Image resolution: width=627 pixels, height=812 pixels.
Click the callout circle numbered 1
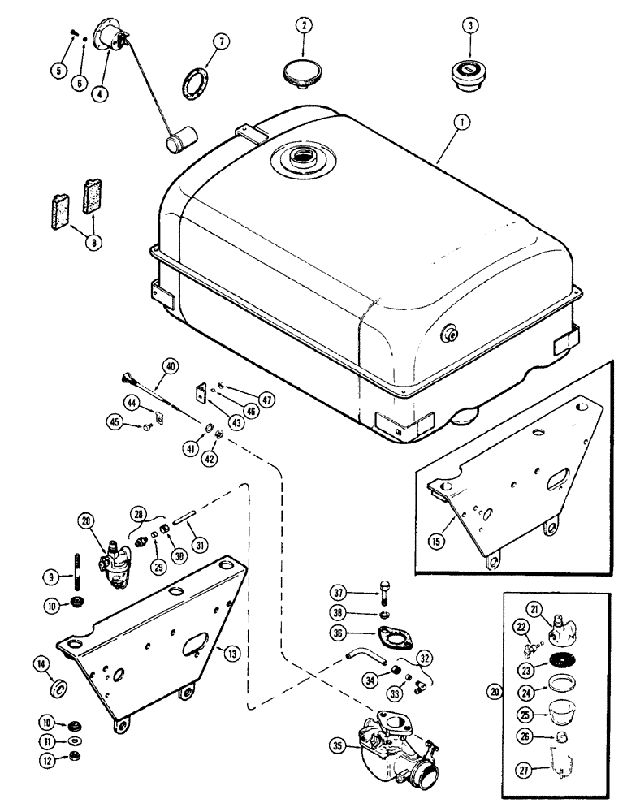pos(461,123)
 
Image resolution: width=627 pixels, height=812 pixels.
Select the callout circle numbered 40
pos(169,366)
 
